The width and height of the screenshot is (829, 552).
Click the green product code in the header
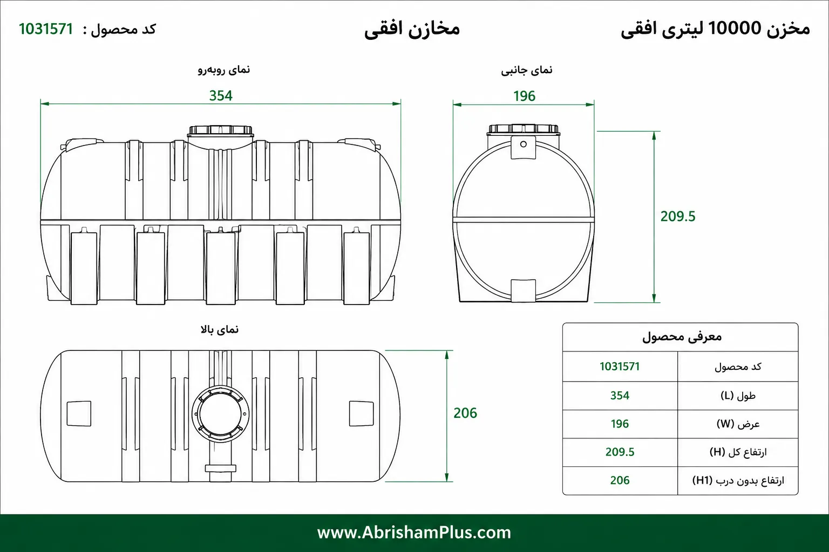tap(46, 29)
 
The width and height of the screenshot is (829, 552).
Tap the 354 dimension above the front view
tap(221, 96)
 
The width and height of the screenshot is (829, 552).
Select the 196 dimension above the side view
tap(524, 96)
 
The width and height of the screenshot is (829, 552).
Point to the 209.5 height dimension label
tap(678, 216)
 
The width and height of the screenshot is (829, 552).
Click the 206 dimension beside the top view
tap(465, 413)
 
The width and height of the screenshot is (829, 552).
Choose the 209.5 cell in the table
tap(620, 452)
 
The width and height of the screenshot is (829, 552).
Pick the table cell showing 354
tap(620, 396)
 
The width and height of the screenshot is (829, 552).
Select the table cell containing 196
tap(620, 424)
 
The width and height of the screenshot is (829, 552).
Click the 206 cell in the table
tap(620, 480)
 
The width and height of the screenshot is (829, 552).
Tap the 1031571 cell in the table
tap(620, 367)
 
